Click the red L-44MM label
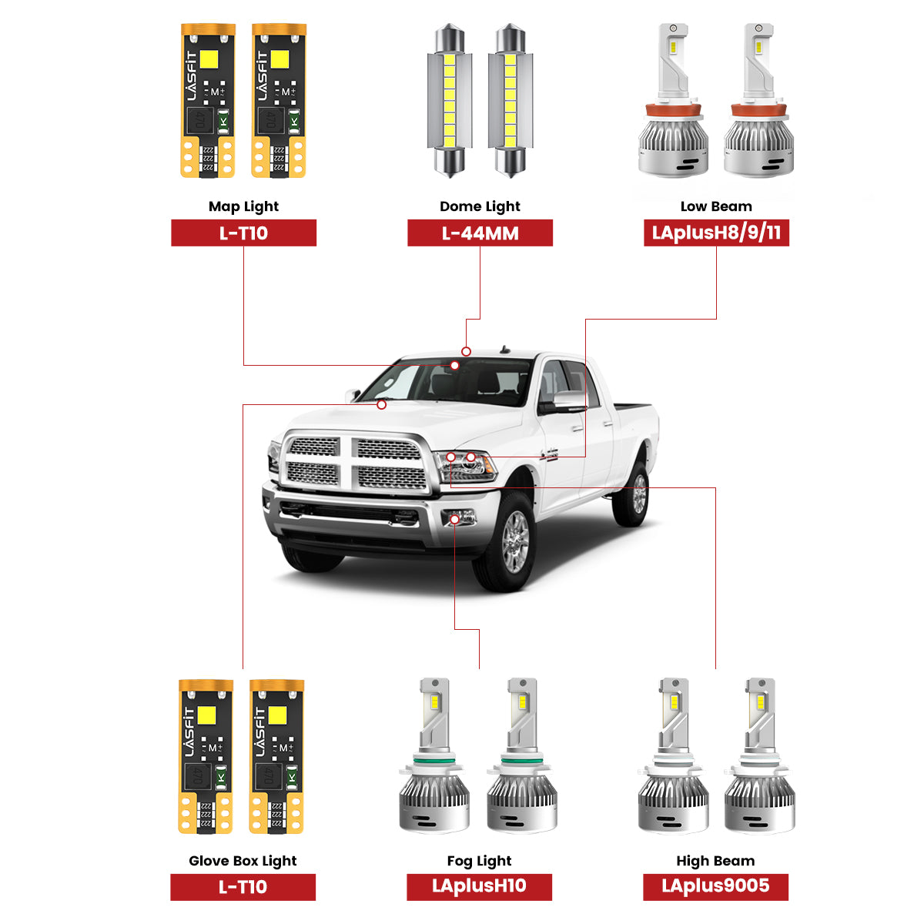pos(480,233)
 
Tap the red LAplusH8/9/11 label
pos(716,233)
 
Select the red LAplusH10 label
pos(479,886)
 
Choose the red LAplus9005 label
pos(715,886)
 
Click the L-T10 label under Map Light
pos(243,233)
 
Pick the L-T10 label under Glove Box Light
pos(243,887)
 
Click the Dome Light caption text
pos(480,206)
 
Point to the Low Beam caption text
pos(716,206)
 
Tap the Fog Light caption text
pos(479,861)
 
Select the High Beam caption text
pos(715,861)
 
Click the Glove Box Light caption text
pos(243,861)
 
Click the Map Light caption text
pos(243,206)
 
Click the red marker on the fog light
pos(455,520)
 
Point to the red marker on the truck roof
pos(466,351)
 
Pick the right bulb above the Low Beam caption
pos(758,100)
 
